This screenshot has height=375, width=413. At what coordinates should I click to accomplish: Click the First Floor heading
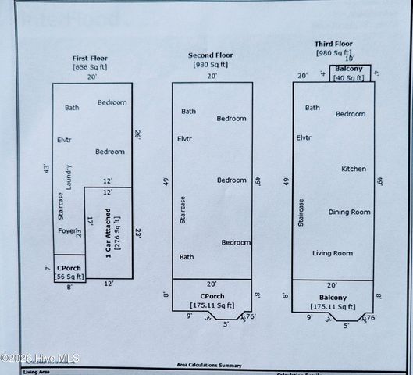coord(90,59)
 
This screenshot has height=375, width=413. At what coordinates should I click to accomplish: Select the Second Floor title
coord(211,55)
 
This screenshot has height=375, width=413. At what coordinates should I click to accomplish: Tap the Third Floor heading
coord(334,44)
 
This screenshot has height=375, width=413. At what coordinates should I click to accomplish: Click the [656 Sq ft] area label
coord(90,68)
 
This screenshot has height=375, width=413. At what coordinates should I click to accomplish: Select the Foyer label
coord(66,230)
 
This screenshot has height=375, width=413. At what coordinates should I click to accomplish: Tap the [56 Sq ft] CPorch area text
coord(69,277)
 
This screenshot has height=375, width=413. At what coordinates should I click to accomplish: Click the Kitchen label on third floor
coord(354,169)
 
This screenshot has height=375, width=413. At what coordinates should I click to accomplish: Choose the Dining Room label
coord(349,212)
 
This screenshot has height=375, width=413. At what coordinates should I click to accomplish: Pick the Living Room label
coord(333,253)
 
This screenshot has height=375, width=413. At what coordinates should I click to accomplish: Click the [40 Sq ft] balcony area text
coord(349,77)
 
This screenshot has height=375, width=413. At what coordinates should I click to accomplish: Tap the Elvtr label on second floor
coord(185,139)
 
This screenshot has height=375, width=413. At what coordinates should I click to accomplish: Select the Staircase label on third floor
coord(301,212)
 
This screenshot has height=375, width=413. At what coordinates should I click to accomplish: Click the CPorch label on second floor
coord(212,296)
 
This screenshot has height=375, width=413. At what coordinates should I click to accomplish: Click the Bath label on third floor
coord(312,108)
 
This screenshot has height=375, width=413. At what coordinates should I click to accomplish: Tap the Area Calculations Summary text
coord(208,365)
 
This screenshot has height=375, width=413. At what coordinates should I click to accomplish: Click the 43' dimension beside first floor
coord(46,169)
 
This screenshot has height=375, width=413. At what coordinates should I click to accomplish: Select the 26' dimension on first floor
coord(137,134)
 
